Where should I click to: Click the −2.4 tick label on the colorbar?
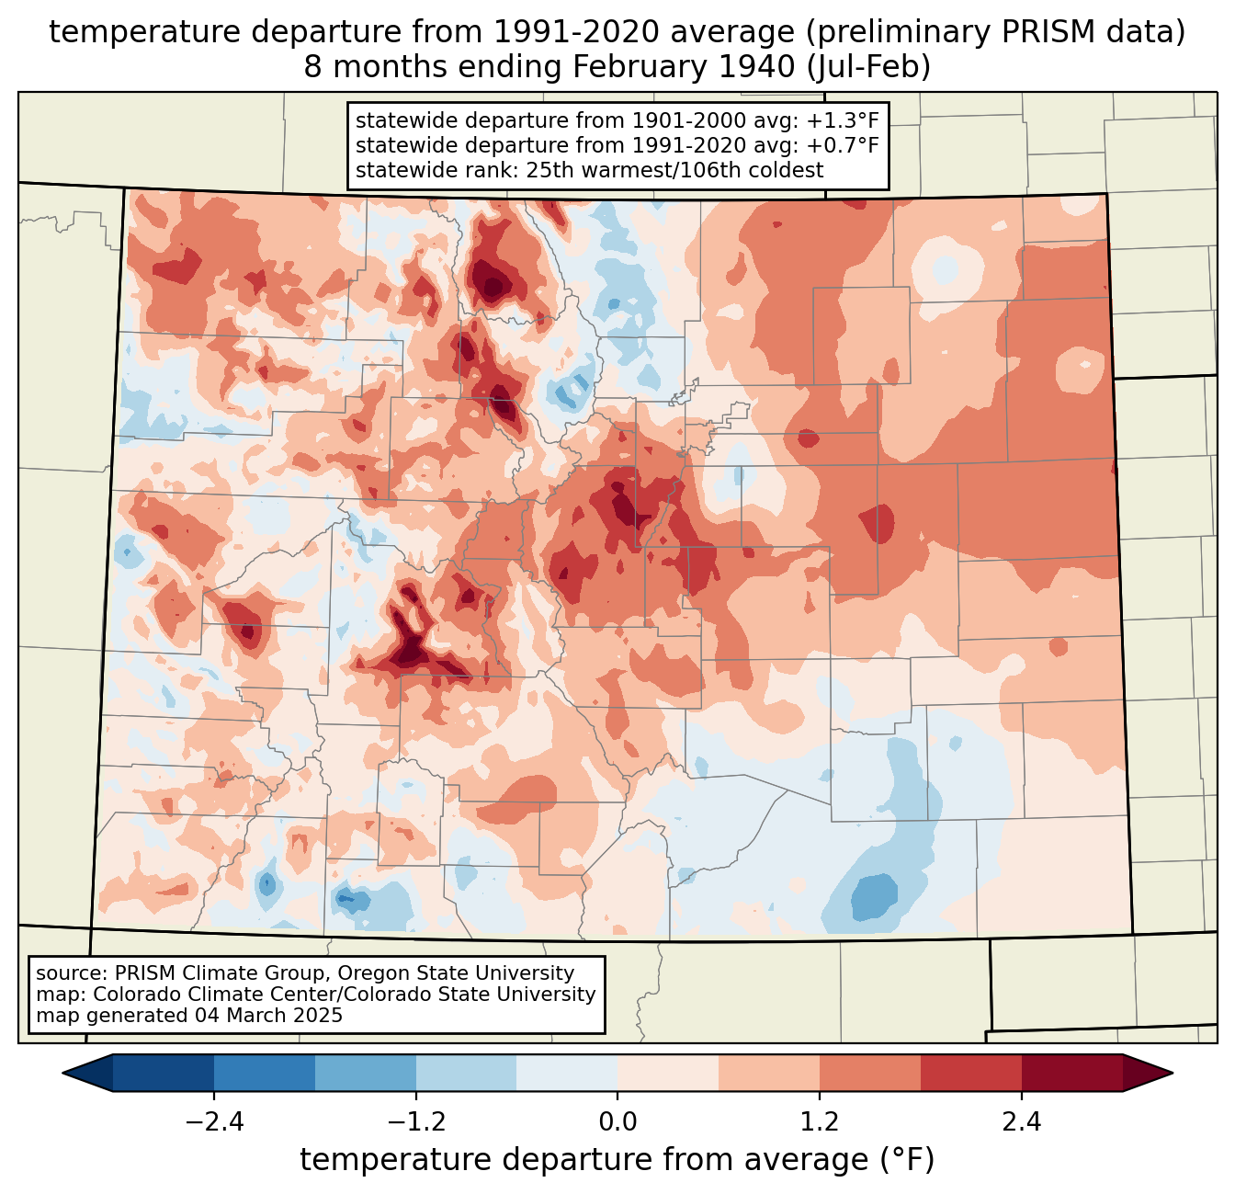point(213,1122)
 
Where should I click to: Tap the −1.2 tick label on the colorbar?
point(415,1122)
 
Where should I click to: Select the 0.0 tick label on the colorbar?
point(617,1122)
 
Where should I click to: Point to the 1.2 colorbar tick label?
point(820,1122)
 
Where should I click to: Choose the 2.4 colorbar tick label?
point(1021,1122)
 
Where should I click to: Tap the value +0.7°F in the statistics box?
point(843,145)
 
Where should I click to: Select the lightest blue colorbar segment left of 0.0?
point(567,1073)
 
